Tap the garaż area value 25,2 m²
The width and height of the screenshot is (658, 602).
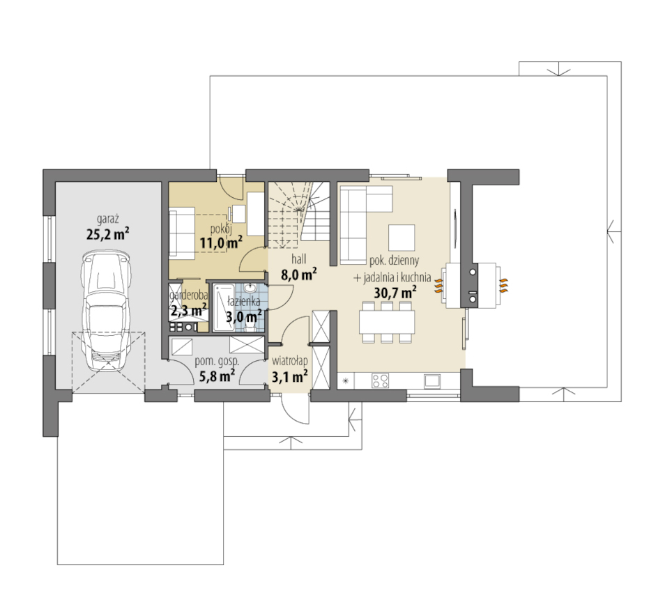tap(108, 233)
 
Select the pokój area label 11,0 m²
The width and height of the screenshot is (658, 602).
tap(221, 242)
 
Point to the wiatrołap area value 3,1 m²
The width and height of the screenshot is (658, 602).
tap(290, 376)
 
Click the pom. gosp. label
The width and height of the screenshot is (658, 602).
tap(217, 361)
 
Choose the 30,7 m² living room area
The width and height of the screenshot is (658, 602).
tap(395, 292)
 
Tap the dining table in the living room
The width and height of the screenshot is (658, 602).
tap(387, 322)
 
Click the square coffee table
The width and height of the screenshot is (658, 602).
tap(401, 238)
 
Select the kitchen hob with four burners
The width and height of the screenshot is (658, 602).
tap(380, 380)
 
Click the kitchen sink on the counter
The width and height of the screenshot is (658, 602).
tap(432, 380)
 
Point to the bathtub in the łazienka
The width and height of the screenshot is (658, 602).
tap(224, 307)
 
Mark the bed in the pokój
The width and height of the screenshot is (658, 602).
tap(182, 231)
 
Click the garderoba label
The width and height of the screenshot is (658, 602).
tap(188, 295)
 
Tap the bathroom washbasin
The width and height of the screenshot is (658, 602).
tap(250, 288)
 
